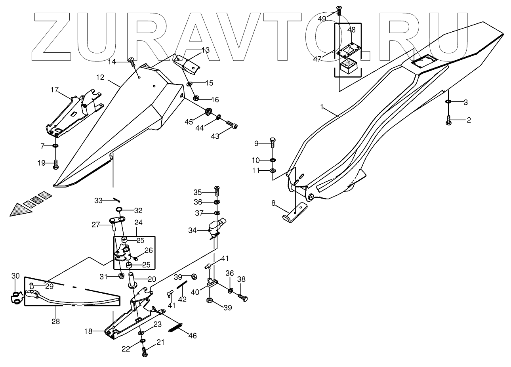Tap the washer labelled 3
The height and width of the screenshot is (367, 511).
[x=448, y=102]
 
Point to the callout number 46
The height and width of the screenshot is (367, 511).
[x=192, y=336]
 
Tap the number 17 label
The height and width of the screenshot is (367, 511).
[x=54, y=90]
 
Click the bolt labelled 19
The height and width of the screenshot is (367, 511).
[x=55, y=164]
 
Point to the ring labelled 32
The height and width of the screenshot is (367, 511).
[x=119, y=210]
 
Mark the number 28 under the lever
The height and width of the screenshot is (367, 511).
[x=55, y=321]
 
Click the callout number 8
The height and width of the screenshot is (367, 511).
[x=273, y=203]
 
